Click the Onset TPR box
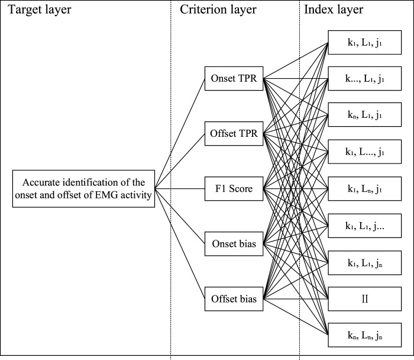pyautogui.click(x=234, y=79)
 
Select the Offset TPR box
pyautogui.click(x=234, y=133)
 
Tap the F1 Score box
pyautogui.click(x=234, y=189)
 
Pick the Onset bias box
pyautogui.click(x=234, y=244)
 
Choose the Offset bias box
pyautogui.click(x=234, y=298)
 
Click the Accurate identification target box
pyautogui.click(x=83, y=189)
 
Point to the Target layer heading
pyautogui.click(x=40, y=9)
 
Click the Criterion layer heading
pyautogui.click(x=218, y=9)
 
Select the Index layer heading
pyautogui.click(x=334, y=9)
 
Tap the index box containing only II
pyautogui.click(x=365, y=298)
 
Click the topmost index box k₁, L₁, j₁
pyautogui.click(x=365, y=42)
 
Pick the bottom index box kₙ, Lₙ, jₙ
pyautogui.click(x=365, y=335)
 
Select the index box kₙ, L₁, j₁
pyautogui.click(x=365, y=115)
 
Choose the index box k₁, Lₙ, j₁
pyautogui.click(x=365, y=189)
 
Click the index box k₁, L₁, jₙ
pyautogui.click(x=365, y=263)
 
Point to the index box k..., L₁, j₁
pyautogui.click(x=365, y=79)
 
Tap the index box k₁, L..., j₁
pyautogui.click(x=365, y=152)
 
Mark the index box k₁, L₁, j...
pyautogui.click(x=365, y=226)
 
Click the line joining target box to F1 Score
pyautogui.click(x=180, y=189)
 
